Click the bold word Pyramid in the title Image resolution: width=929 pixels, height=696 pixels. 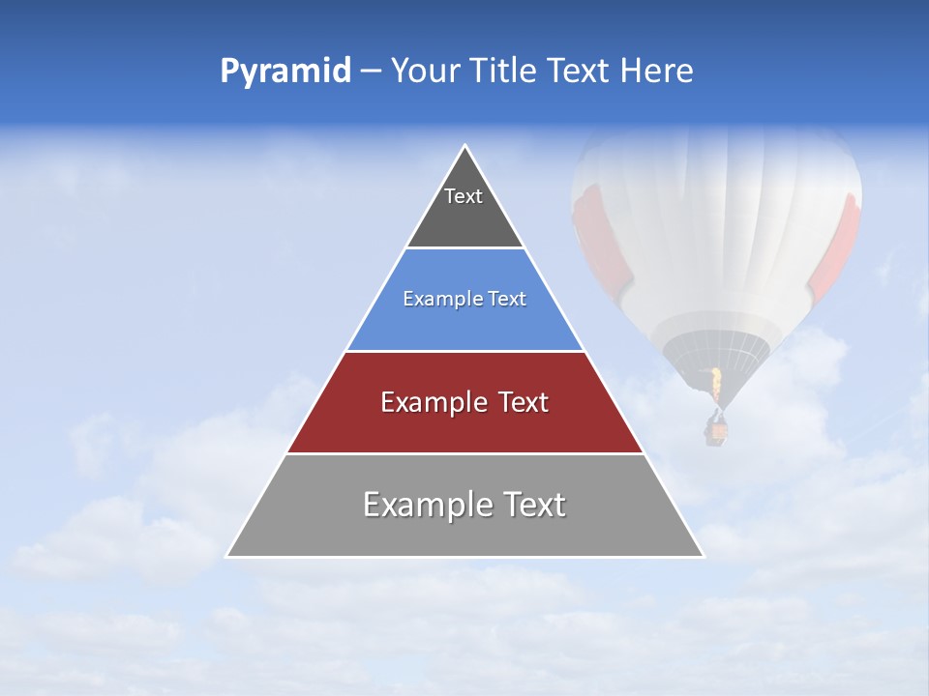(285, 72)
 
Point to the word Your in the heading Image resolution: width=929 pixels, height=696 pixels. (424, 72)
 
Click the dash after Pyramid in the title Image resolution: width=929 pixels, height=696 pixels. (371, 72)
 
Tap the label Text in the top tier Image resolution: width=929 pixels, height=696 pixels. (464, 196)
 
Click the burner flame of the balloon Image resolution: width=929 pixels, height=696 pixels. (716, 384)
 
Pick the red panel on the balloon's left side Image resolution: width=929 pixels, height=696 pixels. (592, 232)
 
